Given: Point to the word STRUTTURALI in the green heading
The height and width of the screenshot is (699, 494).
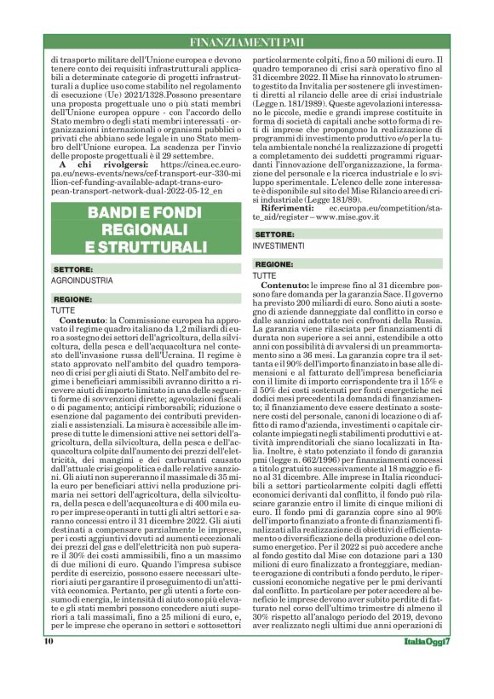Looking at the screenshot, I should [146, 247].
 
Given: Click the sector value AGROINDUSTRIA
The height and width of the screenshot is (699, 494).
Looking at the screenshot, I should [83, 280].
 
